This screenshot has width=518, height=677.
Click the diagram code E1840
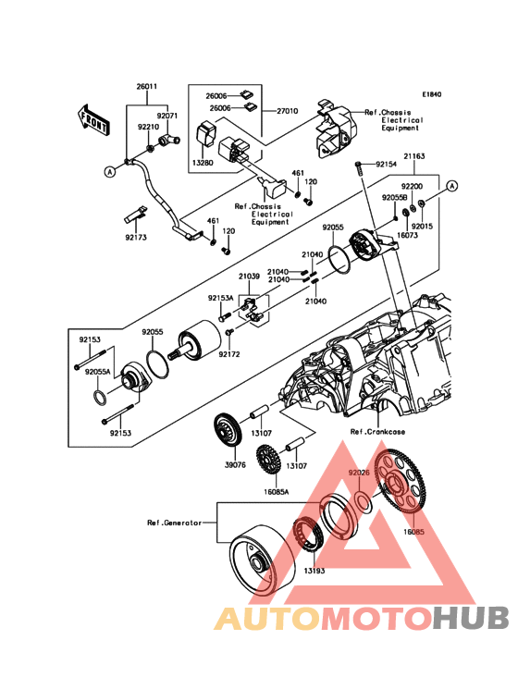[431, 94]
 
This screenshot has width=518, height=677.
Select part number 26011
[147, 86]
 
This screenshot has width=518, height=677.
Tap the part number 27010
[287, 111]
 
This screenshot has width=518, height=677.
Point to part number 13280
[203, 164]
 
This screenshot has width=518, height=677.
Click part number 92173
[136, 238]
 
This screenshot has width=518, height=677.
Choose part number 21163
[414, 156]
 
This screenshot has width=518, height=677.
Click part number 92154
[387, 165]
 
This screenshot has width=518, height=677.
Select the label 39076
[235, 465]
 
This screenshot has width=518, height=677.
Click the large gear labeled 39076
[228, 430]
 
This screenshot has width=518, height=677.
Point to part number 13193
[314, 571]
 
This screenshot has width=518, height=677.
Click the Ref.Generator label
[175, 523]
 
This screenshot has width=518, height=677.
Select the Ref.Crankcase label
[377, 432]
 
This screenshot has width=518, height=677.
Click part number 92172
[229, 354]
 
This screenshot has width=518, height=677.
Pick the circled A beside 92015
[452, 186]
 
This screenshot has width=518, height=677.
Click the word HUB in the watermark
[471, 618]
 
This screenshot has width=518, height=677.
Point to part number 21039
[250, 277]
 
